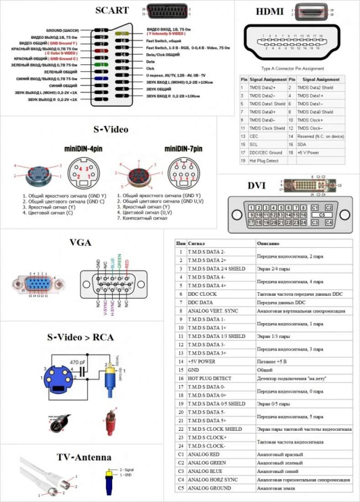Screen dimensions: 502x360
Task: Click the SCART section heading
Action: [x=112, y=10]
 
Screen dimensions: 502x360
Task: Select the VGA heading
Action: [x=80, y=242]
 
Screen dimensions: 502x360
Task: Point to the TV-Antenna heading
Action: [x=83, y=457]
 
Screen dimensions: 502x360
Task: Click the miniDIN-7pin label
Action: [x=183, y=149]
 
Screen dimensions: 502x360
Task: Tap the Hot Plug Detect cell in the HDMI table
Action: [x=265, y=161]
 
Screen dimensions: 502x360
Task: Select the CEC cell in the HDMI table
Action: [x=254, y=136]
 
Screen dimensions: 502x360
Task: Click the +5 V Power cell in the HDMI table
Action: [x=308, y=152]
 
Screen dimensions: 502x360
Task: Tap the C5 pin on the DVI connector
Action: [x=322, y=214]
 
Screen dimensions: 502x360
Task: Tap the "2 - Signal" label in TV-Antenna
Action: [x=127, y=469]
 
